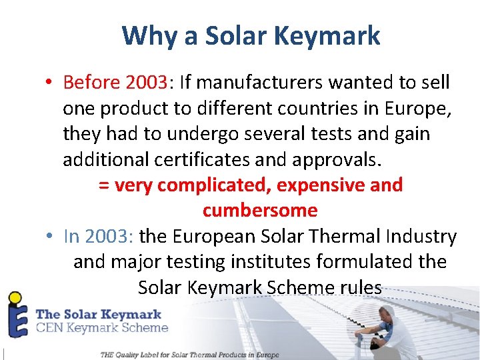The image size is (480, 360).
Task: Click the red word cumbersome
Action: tap(260, 210)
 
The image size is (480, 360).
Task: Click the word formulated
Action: tap(375, 261)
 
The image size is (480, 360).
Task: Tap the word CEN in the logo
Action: tap(51, 327)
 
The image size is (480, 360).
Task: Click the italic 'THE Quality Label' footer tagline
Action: tap(189, 355)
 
